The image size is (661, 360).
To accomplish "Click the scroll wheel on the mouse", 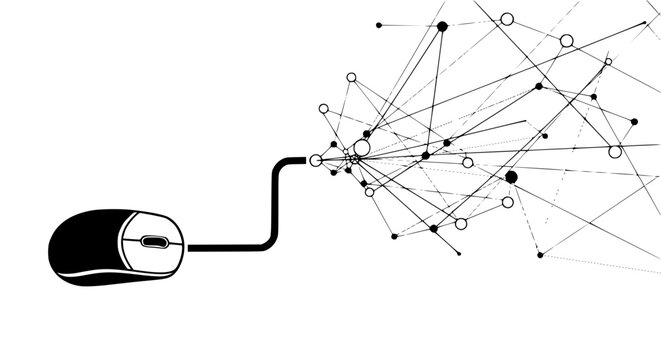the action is [x=153, y=242].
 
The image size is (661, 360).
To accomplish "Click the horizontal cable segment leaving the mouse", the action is [x=225, y=246].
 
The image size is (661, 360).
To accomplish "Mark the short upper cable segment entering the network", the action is [x=297, y=160].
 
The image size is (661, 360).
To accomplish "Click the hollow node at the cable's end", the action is [x=316, y=160].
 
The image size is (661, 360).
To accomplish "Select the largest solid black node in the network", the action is [x=511, y=177].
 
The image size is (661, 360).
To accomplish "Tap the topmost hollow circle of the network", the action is [x=507, y=18].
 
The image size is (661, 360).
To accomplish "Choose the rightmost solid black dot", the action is [x=634, y=121].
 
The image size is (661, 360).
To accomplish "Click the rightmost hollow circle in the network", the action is [x=615, y=152].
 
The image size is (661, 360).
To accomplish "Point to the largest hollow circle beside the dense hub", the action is [x=362, y=148].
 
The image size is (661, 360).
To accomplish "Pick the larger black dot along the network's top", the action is [x=442, y=26].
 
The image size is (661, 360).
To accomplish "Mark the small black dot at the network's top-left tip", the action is [x=378, y=24].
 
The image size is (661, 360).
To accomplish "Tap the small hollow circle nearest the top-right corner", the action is [x=608, y=61].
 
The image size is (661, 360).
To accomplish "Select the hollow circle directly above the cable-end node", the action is [x=323, y=108].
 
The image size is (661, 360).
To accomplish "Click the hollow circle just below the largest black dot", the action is [x=507, y=202].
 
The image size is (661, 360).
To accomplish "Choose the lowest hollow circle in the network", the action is [x=461, y=223].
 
